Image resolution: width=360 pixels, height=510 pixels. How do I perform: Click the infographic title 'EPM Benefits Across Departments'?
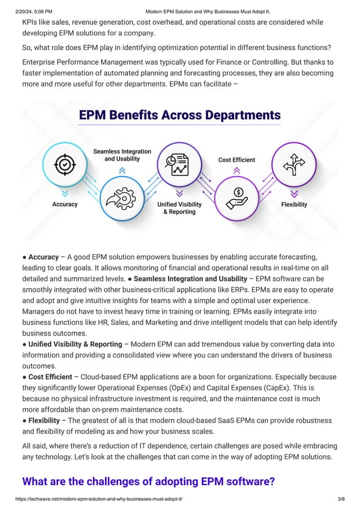pyautogui.click(x=179, y=115)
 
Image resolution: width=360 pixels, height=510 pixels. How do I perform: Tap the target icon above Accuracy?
pyautogui.click(x=65, y=164)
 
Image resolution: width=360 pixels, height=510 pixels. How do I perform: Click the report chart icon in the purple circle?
pyautogui.click(x=179, y=164)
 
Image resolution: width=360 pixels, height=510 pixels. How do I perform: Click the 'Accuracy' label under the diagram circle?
pyautogui.click(x=65, y=204)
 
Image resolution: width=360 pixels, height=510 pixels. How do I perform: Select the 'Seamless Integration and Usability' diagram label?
pyautogui.click(x=122, y=155)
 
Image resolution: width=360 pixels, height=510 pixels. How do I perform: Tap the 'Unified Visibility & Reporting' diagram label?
pyautogui.click(x=179, y=208)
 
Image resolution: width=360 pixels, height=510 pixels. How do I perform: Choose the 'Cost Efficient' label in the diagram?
pyautogui.click(x=236, y=160)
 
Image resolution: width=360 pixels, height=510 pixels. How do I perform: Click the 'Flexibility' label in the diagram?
pyautogui.click(x=294, y=204)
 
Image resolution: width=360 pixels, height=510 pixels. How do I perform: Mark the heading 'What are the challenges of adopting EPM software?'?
pyautogui.click(x=148, y=481)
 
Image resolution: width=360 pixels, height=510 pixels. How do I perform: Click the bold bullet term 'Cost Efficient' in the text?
pyautogui.click(x=50, y=377)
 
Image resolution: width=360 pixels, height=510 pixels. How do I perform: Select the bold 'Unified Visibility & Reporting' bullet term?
pyautogui.click(x=75, y=344)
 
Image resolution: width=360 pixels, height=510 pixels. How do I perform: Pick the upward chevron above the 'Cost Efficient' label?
pyautogui.click(x=236, y=169)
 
